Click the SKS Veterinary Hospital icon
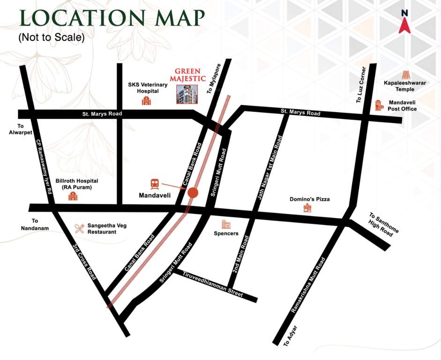click(x=146, y=101)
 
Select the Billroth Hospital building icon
click(x=72, y=196)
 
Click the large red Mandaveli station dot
click(x=193, y=193)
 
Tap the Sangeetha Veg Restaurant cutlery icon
click(x=79, y=228)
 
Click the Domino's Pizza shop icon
click(x=307, y=208)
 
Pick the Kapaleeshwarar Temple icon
click(x=405, y=75)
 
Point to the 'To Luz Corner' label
click(x=361, y=85)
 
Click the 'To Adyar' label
click(x=291, y=336)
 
